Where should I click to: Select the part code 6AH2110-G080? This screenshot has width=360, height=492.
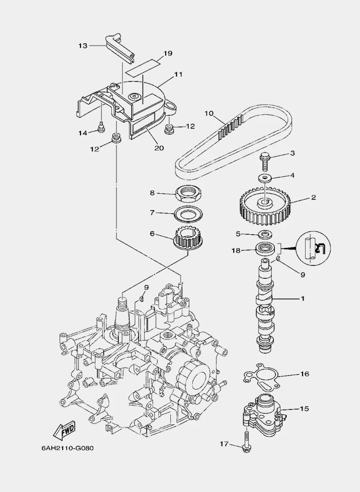click(x=67, y=447)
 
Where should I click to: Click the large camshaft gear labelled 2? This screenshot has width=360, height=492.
click(x=265, y=207)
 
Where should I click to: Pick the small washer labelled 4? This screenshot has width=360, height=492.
click(x=265, y=178)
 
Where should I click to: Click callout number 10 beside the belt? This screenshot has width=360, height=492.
click(x=209, y=113)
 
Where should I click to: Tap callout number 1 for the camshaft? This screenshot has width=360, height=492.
click(x=302, y=298)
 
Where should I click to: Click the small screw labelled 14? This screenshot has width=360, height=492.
click(x=101, y=125)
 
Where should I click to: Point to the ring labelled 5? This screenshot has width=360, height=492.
click(x=265, y=235)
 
